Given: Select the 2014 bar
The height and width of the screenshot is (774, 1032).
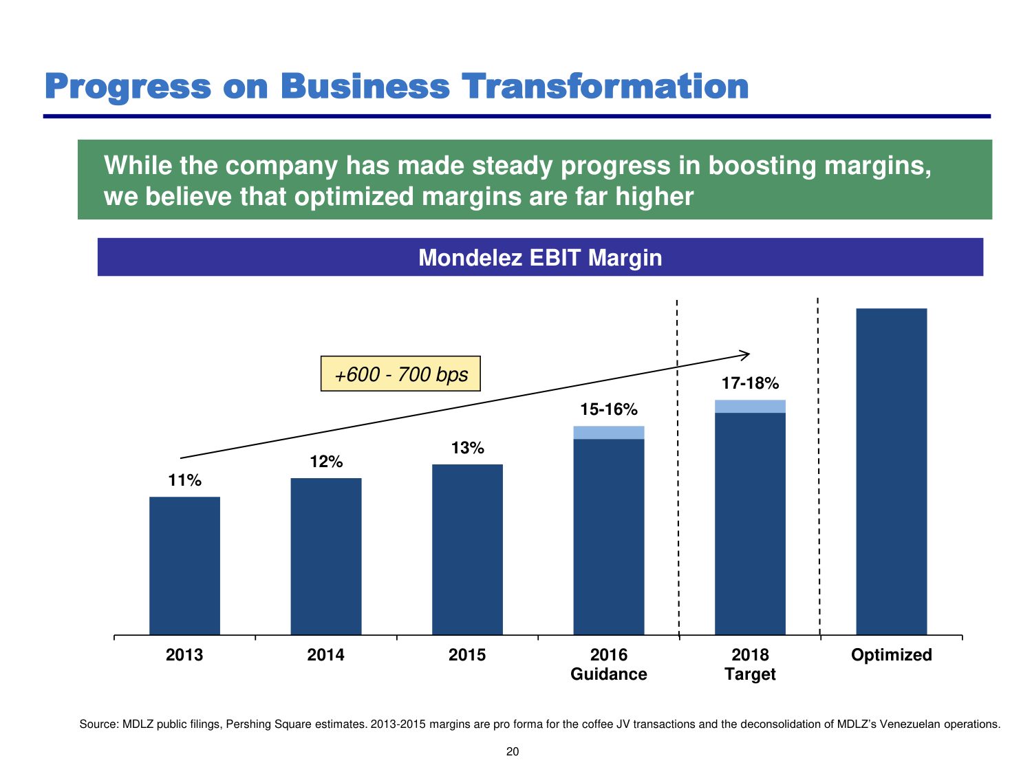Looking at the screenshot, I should coord(326,556).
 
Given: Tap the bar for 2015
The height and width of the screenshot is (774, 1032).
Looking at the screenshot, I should coord(467,549).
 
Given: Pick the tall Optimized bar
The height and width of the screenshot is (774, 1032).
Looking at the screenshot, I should coord(891,471).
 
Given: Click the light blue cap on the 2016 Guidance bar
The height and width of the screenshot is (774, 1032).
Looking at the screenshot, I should coord(609,433).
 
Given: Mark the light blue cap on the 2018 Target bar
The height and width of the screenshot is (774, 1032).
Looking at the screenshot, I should coord(750,407).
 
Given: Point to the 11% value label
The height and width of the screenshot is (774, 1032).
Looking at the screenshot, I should coord(185,480).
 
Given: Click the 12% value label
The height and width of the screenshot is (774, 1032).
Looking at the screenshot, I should coord(326,462).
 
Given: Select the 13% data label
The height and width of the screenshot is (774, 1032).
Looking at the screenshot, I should coord(468,448).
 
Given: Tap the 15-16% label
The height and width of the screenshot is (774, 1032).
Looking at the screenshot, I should coord(609,409).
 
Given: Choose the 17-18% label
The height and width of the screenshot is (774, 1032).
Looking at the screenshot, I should coord(750,383).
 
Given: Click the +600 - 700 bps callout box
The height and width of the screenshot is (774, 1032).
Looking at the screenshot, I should coord(400,374).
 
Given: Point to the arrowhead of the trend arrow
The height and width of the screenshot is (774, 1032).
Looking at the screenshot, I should coord(747,354).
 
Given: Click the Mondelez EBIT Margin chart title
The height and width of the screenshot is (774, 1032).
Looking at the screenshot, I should coord(540,257).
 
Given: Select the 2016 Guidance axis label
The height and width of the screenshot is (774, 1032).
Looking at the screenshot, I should coord(609,664).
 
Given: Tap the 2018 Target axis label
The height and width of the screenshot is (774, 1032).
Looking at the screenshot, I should coord(750,664).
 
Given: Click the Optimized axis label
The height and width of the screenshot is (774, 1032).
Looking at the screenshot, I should coord(891,654).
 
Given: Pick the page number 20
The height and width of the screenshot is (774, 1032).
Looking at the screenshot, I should coord(513,751).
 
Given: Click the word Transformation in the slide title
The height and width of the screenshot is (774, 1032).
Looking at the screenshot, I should coord(605,87).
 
